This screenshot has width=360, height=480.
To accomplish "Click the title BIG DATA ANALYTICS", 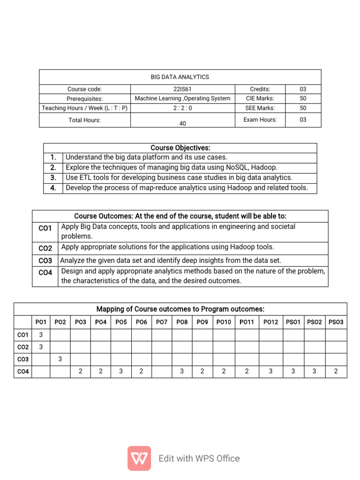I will [x=180, y=77].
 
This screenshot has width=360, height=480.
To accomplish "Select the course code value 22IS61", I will [x=182, y=89].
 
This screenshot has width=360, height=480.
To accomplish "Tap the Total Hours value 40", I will [x=182, y=124].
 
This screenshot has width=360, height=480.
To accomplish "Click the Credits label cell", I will [x=260, y=89].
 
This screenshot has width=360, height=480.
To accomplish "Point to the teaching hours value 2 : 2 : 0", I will [x=182, y=108].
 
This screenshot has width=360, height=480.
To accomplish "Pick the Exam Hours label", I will [x=260, y=120].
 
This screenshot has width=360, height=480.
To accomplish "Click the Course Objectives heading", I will [x=180, y=148].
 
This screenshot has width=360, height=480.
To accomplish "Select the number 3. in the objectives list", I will [x=53, y=178].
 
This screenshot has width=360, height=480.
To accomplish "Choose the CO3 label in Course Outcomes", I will [x=45, y=261].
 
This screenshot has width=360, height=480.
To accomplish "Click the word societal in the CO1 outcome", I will [x=283, y=226].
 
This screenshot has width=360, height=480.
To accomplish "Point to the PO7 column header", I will [x=162, y=322].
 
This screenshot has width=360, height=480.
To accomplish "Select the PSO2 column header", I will [x=315, y=322].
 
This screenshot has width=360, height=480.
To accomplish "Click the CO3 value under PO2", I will [x=60, y=359].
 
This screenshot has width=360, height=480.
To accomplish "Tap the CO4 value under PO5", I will [x=121, y=371].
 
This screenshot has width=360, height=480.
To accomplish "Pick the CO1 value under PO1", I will [x=41, y=335].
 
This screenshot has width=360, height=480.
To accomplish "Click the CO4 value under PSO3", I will [x=336, y=371].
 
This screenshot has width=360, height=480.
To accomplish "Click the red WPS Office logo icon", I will [x=139, y=458].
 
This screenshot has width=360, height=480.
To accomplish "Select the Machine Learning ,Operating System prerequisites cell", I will [x=182, y=98].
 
